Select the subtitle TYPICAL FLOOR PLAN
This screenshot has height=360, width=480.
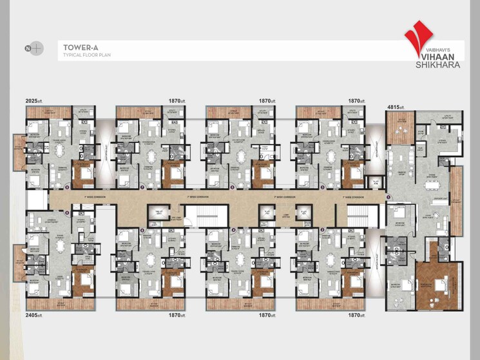[86, 55]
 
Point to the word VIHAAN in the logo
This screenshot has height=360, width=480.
[436, 55]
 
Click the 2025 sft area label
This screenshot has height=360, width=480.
[34, 101]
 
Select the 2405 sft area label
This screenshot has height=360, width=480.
[34, 316]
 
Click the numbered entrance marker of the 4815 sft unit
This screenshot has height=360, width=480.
[387, 196]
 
